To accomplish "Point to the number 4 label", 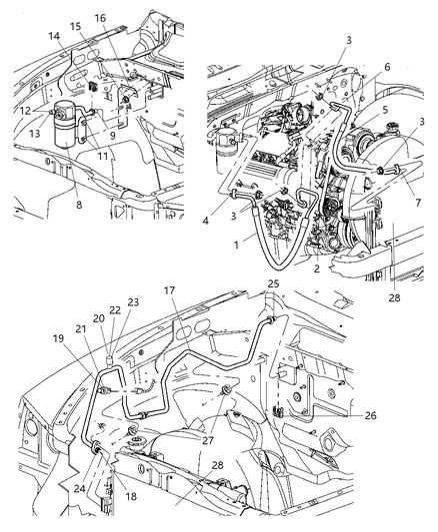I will coord(219,209).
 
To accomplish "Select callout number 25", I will coord(273,284).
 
